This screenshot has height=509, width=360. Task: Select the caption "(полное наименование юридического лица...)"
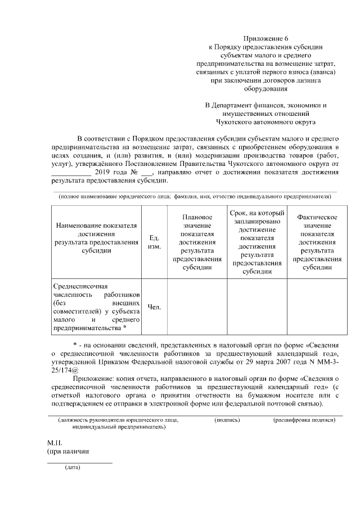pos(193,197)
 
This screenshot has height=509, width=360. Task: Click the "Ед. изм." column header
pos(154,242)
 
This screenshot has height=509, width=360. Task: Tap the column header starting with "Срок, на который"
pos(256,242)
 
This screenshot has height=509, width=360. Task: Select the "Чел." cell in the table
pos(154,307)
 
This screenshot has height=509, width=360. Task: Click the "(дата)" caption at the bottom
pos(72,467)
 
